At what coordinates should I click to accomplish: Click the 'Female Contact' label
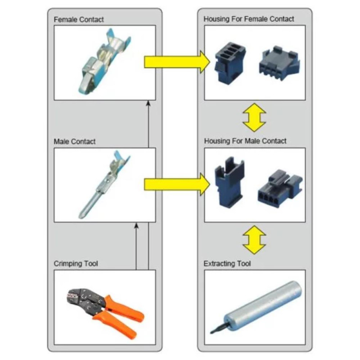tap(78, 19)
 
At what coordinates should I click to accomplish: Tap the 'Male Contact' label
tap(74, 141)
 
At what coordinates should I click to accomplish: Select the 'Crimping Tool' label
tap(76, 263)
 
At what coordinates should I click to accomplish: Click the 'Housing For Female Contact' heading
tap(248, 19)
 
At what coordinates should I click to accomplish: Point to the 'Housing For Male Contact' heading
tap(245, 141)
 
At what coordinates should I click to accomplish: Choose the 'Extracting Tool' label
tap(227, 263)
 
